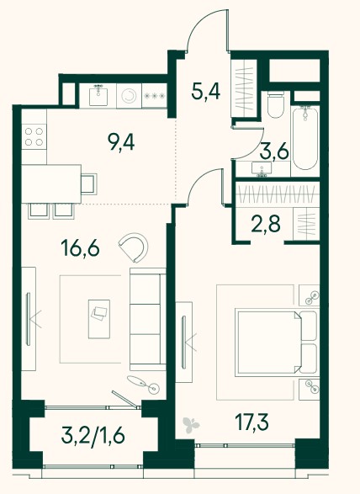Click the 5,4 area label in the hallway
coord(206,91)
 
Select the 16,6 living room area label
coord(81,248)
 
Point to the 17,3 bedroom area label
coord(252,422)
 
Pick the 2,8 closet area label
coord(266,224)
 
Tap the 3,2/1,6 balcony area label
coord(93,435)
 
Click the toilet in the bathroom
coord(276,104)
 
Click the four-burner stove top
coord(34,136)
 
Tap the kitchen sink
coord(98,95)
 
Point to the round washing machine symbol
coord(130,96)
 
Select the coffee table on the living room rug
coord(99,319)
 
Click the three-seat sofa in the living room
coord(148,319)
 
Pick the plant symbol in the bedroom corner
coord(192,425)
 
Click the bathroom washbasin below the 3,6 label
coord(262,169)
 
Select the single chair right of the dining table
coord(89,184)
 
